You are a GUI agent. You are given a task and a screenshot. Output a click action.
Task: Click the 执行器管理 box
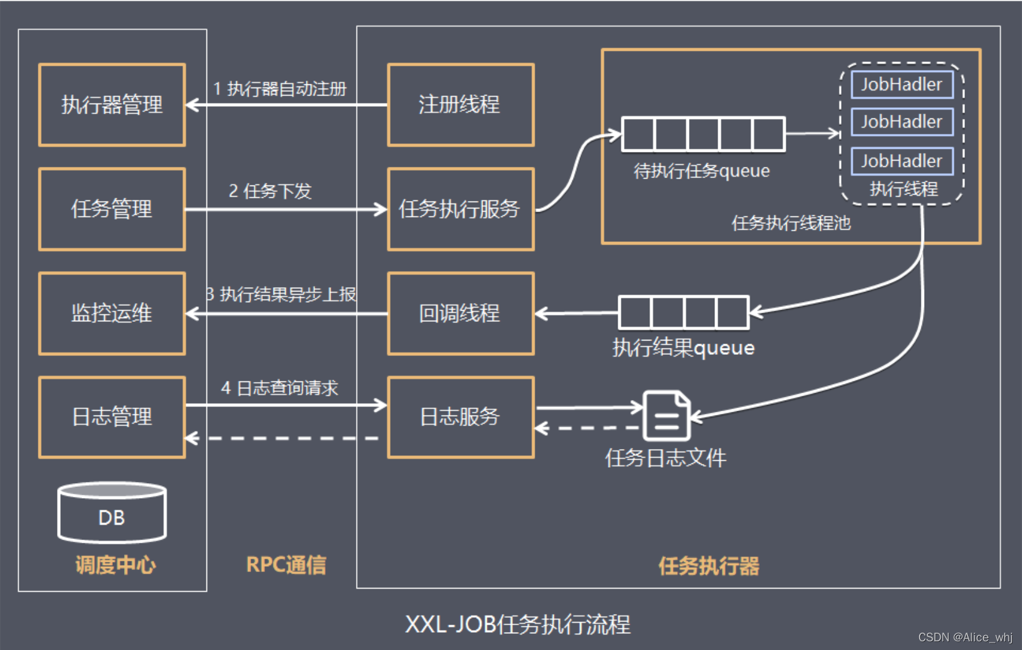[x=112, y=105]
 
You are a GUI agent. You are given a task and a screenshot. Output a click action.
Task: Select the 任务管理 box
[x=112, y=209]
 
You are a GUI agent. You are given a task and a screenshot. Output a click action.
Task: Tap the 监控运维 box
[x=112, y=313]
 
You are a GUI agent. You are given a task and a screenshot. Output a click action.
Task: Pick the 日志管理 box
[x=112, y=417]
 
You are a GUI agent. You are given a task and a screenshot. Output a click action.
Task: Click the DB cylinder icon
[x=112, y=512]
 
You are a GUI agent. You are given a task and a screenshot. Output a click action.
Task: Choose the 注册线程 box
[x=461, y=105]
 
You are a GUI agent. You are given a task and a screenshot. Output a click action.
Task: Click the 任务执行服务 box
[x=461, y=209]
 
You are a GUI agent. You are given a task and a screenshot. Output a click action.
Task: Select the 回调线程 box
[x=461, y=313]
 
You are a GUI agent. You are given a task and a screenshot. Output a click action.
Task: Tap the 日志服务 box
[x=461, y=417]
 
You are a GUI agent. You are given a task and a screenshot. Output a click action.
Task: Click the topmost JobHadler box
[x=902, y=84]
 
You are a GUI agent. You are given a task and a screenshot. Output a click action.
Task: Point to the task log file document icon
[x=666, y=415]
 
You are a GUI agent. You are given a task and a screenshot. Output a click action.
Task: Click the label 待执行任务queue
[x=701, y=171]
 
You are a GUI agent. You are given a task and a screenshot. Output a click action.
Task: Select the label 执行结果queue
[x=683, y=348]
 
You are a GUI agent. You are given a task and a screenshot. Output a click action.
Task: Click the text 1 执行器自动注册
[x=280, y=89]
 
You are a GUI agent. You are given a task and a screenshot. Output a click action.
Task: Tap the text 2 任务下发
[x=270, y=191]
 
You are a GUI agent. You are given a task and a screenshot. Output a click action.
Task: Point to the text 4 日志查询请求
[x=280, y=388]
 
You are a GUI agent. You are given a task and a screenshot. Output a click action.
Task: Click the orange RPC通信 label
[x=286, y=565]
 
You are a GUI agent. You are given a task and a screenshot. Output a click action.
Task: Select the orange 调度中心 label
[x=115, y=565]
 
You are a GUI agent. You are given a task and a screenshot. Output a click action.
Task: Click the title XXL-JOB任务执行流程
[x=518, y=625]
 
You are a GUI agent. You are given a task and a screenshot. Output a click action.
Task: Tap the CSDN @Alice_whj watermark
[x=965, y=637]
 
